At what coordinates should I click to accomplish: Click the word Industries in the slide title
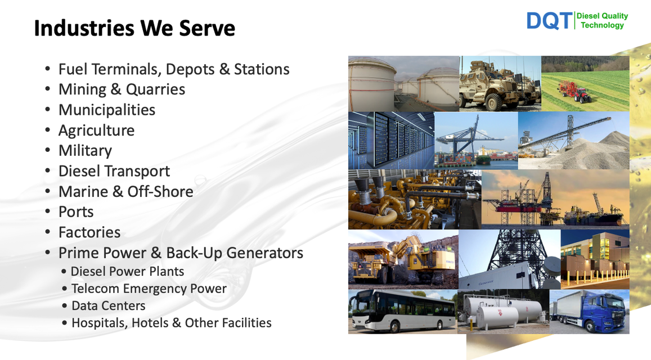pos(84,28)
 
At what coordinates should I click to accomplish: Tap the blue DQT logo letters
pos(549,21)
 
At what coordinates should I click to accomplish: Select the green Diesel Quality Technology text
pos(602,21)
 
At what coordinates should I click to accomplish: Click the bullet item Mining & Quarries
pos(122,89)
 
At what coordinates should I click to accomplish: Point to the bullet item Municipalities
pos(107,110)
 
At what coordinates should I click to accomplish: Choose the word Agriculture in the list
pos(96,130)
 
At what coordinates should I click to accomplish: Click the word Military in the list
pos(85,151)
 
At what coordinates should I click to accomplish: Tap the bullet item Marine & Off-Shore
pos(126,191)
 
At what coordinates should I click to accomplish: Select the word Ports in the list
pos(76,211)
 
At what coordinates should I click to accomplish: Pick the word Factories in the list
pos(89,232)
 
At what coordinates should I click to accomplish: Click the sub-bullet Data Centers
pos(109,305)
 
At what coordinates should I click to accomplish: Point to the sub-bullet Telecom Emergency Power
pos(149,289)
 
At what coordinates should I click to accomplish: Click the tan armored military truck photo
pos(500,83)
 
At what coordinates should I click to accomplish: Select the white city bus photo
pos(403,312)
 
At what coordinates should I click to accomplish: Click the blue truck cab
pos(605,312)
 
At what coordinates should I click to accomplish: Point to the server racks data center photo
pos(391,141)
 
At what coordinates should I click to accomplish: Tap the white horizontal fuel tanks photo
pos(503,312)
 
